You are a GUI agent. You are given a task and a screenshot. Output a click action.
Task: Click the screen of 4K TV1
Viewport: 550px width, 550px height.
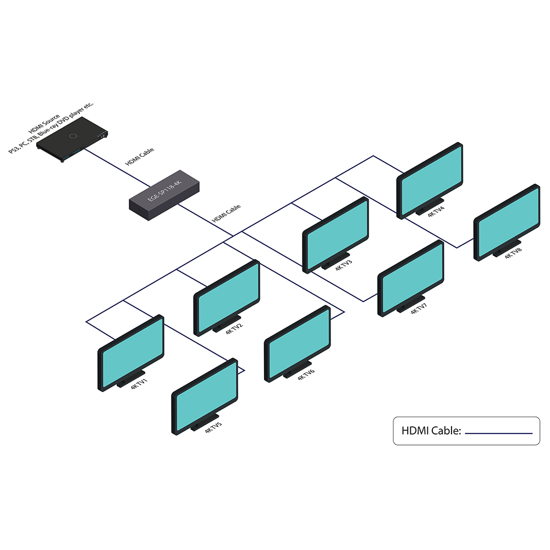pyautogui.click(x=131, y=353)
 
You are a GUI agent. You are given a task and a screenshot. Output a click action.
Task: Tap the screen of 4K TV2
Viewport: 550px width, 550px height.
pyautogui.click(x=226, y=297)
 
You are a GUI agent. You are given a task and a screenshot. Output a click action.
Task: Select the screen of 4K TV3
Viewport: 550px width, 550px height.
pyautogui.click(x=335, y=234)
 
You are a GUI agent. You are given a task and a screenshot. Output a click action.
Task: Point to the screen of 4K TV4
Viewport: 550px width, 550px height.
pyautogui.click(x=430, y=180)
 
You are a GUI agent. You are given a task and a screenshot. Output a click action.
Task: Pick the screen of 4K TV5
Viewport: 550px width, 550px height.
pyautogui.click(x=205, y=397)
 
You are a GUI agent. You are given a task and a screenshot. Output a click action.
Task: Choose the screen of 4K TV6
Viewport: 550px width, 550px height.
pyautogui.click(x=298, y=343)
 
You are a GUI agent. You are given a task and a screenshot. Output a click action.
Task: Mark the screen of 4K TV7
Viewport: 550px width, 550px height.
pyautogui.click(x=410, y=278)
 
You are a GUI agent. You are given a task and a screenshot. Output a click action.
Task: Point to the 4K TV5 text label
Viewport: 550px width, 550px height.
pyautogui.click(x=213, y=428)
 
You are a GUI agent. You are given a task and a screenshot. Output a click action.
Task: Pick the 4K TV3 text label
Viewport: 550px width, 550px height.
pyautogui.click(x=343, y=265)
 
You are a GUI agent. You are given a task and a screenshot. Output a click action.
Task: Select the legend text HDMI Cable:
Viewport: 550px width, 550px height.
pyautogui.click(x=431, y=431)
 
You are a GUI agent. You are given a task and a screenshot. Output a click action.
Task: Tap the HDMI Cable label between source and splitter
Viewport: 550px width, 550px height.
pyautogui.click(x=140, y=156)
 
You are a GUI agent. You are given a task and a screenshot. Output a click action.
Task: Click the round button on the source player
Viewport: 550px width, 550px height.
pyautogui.click(x=73, y=135)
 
